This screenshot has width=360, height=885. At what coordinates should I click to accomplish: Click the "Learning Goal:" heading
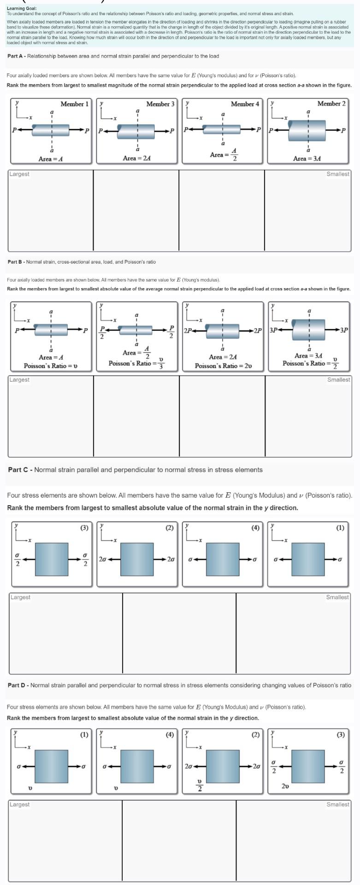click(22, 8)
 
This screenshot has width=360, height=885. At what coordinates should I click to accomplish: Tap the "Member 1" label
click(74, 104)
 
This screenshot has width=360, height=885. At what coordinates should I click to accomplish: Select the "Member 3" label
click(160, 104)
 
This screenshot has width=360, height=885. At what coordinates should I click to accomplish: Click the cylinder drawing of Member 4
click(222, 130)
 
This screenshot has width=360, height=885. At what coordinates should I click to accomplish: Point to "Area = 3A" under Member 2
click(307, 158)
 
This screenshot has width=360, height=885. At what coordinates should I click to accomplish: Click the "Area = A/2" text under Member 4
click(224, 154)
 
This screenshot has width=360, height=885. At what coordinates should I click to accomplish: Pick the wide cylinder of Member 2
click(307, 130)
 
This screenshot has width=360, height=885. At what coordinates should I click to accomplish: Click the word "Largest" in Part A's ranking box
click(19, 174)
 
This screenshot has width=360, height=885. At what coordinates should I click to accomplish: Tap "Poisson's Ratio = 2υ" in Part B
click(223, 366)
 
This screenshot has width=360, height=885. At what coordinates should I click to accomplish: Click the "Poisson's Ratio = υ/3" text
click(136, 363)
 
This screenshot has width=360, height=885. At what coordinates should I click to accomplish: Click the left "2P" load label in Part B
click(188, 330)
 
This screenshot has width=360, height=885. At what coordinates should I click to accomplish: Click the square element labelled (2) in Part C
click(137, 559)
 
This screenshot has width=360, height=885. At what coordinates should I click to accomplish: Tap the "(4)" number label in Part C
click(255, 528)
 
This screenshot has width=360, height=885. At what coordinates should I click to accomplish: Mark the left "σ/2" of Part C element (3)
click(18, 560)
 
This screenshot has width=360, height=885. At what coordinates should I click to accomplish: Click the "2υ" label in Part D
click(286, 786)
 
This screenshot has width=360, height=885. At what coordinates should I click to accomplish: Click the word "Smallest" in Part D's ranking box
click(337, 804)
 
